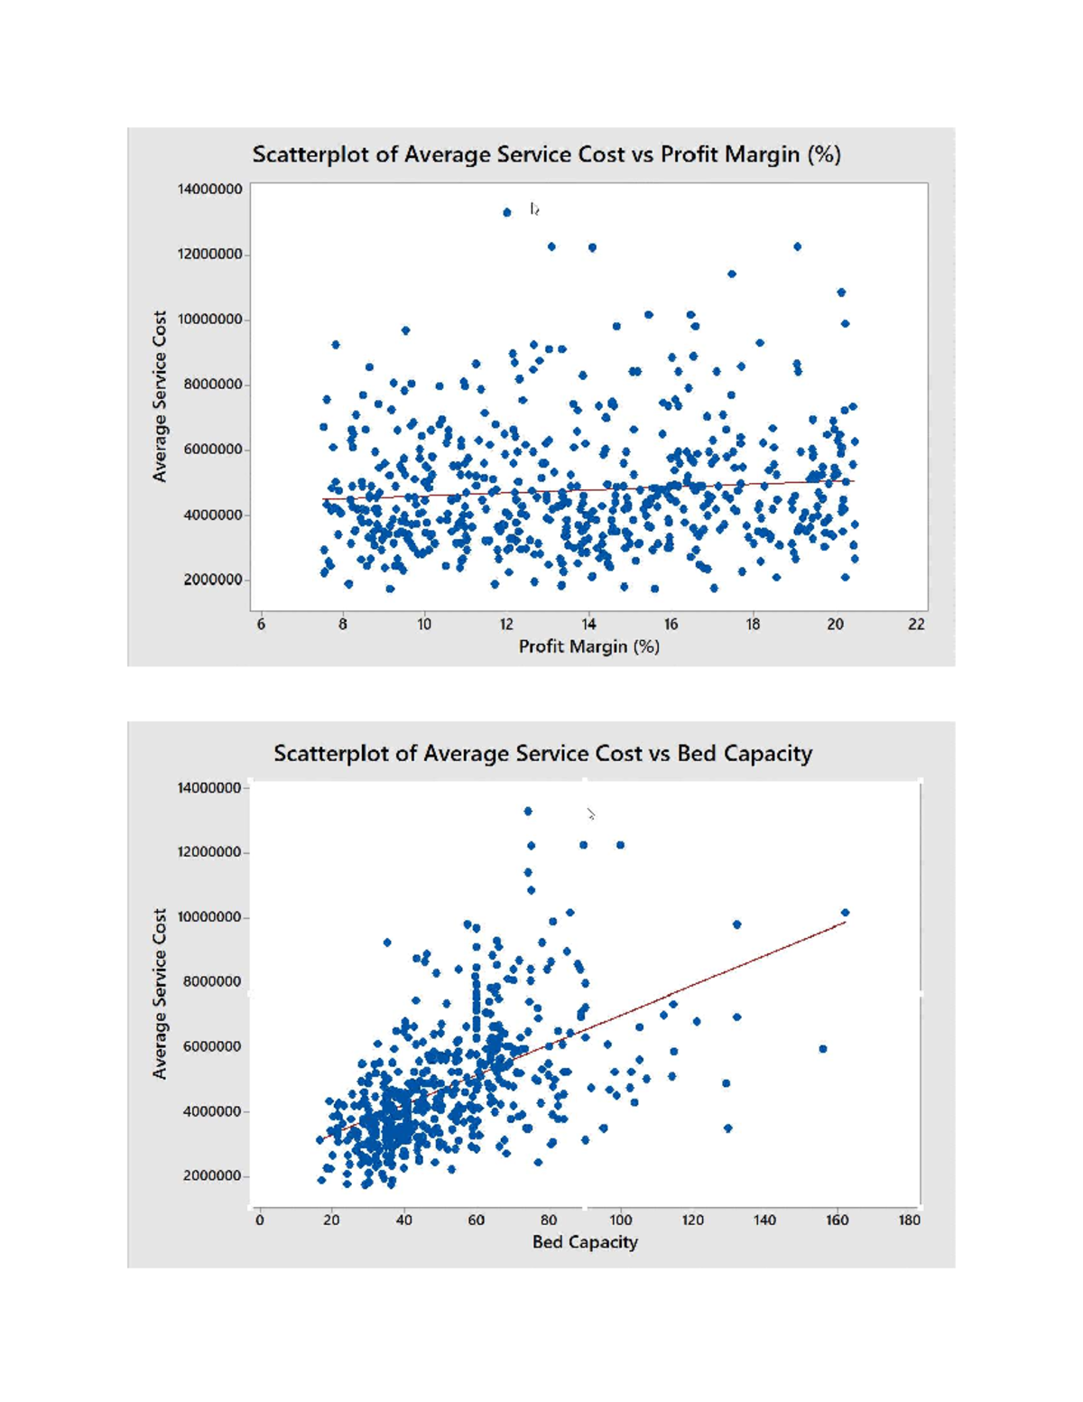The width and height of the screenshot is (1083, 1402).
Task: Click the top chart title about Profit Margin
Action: point(546,154)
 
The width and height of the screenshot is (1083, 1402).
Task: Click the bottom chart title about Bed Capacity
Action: point(542,753)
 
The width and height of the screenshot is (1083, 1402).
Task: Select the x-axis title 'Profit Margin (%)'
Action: point(588,646)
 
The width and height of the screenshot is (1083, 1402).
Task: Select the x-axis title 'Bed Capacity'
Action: point(585,1242)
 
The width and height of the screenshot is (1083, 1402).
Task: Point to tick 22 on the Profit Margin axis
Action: point(916,624)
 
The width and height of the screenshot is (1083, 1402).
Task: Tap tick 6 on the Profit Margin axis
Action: point(261,624)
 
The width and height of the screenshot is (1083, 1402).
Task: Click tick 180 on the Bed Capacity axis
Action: point(909,1220)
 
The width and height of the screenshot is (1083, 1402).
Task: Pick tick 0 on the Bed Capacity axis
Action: point(259,1220)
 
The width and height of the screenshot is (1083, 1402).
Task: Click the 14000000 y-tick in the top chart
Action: point(209,189)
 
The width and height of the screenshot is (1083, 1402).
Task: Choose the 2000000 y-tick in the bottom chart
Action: point(211,1175)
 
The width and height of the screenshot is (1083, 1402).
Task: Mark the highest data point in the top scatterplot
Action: point(507,212)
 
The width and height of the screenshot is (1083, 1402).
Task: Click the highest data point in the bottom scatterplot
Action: point(528,811)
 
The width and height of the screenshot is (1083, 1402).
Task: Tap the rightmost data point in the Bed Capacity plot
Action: point(845,913)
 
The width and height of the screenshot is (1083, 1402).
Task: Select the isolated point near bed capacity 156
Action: point(822,1049)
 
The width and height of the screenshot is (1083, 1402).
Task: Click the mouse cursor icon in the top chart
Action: point(534,209)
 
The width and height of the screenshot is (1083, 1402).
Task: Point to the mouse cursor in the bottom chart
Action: point(590,814)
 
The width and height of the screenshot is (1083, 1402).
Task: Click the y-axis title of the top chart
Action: point(160,396)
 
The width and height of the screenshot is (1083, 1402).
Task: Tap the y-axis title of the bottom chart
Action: point(160,993)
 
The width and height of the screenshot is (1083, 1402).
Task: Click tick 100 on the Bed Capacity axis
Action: point(620,1220)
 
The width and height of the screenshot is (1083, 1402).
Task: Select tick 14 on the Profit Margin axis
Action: point(588,624)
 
